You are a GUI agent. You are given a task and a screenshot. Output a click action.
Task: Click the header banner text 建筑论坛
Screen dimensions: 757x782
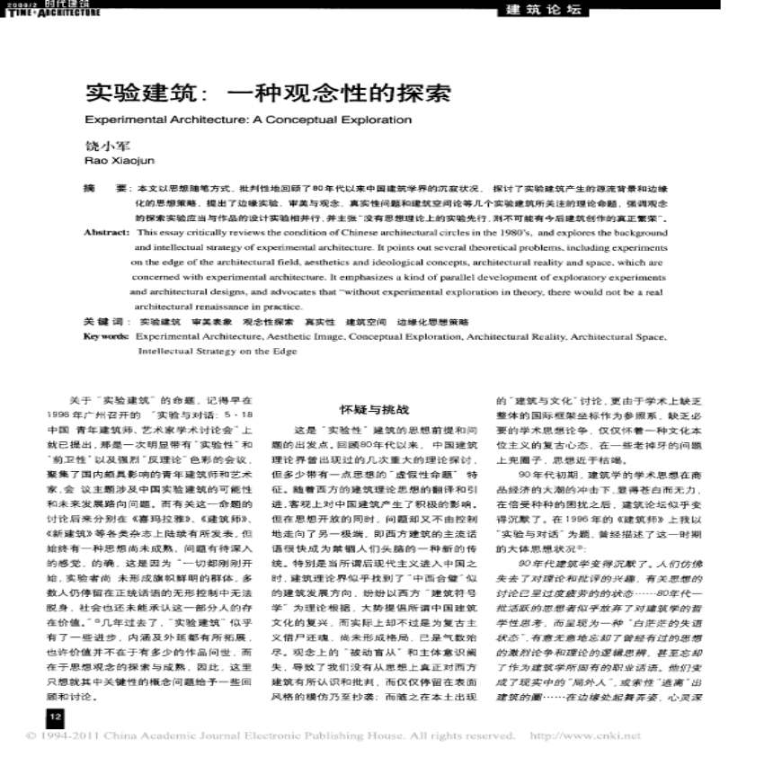(x=539, y=11)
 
